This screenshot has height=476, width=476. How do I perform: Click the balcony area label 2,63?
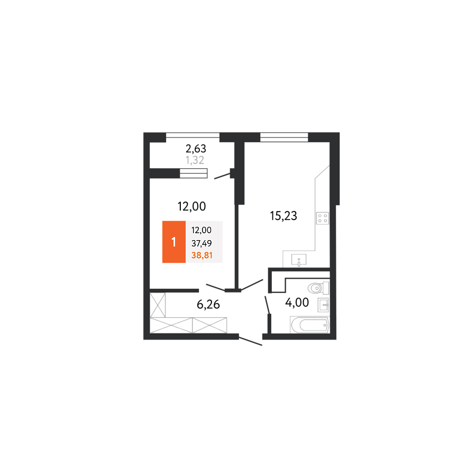pyautogui.click(x=196, y=149)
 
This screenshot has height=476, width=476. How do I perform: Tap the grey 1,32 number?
pyautogui.click(x=195, y=160)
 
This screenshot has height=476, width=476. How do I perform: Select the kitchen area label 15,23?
pyautogui.click(x=283, y=216)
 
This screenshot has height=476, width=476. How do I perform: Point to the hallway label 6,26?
pyautogui.click(x=208, y=304)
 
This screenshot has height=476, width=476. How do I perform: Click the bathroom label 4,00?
pyautogui.click(x=297, y=303)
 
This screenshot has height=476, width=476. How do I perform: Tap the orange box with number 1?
pyautogui.click(x=174, y=242)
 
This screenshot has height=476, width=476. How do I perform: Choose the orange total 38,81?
pyautogui.click(x=202, y=255)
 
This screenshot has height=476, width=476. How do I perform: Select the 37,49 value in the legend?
pyautogui.click(x=202, y=243)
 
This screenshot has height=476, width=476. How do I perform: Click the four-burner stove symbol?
pyautogui.click(x=323, y=218)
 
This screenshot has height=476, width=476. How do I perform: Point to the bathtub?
pyautogui.click(x=310, y=325)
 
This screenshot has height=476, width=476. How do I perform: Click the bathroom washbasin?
pyautogui.click(x=323, y=305)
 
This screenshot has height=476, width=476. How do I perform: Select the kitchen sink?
pyautogui.click(x=299, y=260)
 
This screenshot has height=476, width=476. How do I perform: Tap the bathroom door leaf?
pyautogui.click(x=268, y=305)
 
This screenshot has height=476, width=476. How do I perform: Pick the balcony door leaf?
pyautogui.click(x=223, y=176)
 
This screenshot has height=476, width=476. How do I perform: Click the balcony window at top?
pyautogui.click(x=193, y=135)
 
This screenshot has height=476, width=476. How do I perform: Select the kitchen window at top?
pyautogui.click(x=284, y=137)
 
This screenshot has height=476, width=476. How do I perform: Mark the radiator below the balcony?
pyautogui.click(x=194, y=173)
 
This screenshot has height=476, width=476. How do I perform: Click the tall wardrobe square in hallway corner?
pyautogui.click(x=158, y=305)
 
